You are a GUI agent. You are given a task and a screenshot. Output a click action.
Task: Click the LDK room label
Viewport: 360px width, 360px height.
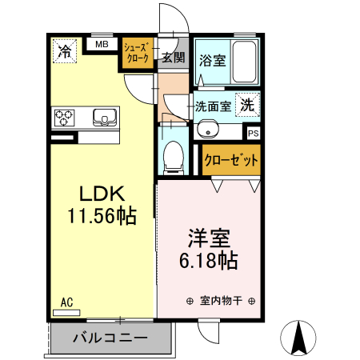100,194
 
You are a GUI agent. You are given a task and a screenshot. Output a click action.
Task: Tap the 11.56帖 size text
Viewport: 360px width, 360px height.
100,215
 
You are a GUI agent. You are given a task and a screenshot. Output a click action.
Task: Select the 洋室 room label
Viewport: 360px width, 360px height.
210,238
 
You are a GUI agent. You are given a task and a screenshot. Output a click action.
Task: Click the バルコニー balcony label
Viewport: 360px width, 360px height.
110,338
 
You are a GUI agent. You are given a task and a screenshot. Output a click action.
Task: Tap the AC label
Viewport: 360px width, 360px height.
66,302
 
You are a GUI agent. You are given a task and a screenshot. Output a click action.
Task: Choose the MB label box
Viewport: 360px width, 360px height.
102,44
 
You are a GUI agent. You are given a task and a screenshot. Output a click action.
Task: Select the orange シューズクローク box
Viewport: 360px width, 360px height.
137,54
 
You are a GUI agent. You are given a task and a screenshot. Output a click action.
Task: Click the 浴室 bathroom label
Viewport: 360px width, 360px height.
212,60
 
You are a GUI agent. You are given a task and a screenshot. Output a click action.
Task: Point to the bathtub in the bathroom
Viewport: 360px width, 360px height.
242,61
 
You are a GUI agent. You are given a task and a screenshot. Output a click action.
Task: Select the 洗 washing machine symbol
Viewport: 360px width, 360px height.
248,104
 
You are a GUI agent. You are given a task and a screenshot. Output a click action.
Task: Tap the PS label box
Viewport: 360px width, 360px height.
253,134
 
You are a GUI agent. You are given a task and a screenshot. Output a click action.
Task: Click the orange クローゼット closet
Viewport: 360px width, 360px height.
231,160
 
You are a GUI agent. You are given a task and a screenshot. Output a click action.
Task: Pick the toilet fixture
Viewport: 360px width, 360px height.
172,155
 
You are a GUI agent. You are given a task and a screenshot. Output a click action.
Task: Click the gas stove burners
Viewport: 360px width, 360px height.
65,118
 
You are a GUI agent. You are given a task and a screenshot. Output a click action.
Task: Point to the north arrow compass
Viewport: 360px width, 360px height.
300,337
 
